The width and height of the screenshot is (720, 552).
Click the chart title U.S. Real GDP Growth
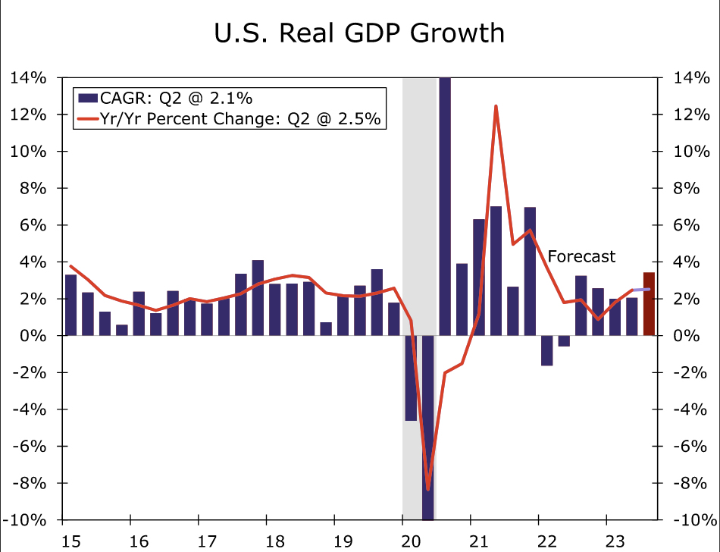(360, 33)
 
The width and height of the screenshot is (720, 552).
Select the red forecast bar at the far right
(649, 304)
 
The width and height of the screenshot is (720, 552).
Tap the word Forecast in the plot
(581, 256)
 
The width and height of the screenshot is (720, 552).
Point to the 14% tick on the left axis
(28, 78)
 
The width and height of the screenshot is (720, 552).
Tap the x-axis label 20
(402, 541)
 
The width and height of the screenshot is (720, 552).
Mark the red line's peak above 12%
(496, 106)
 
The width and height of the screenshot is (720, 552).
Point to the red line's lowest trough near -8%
(428, 489)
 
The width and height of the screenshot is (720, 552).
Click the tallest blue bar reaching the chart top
(445, 205)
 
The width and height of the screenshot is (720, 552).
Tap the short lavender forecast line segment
(640, 290)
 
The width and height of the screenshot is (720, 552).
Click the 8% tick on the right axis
(690, 189)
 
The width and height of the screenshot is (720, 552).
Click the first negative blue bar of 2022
(547, 350)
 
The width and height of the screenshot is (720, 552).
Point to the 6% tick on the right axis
(690, 225)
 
